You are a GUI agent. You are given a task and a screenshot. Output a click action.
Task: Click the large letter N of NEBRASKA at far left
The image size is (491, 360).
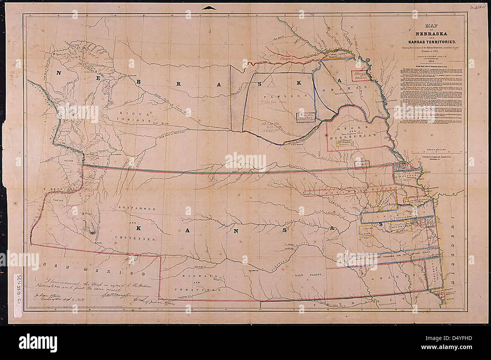click(60, 73)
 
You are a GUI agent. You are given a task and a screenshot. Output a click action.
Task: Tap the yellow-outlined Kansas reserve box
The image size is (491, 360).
click(367, 233)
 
